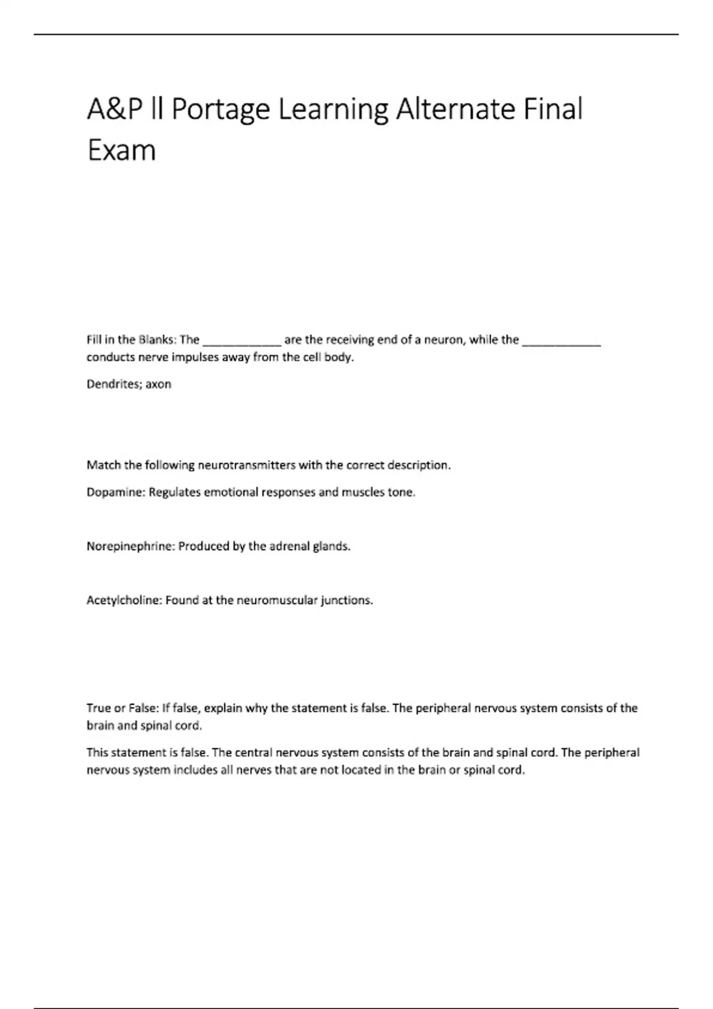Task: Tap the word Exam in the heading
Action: (x=121, y=150)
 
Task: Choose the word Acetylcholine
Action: (x=124, y=600)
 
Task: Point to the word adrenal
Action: (x=288, y=546)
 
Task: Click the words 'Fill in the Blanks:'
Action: (x=131, y=340)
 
